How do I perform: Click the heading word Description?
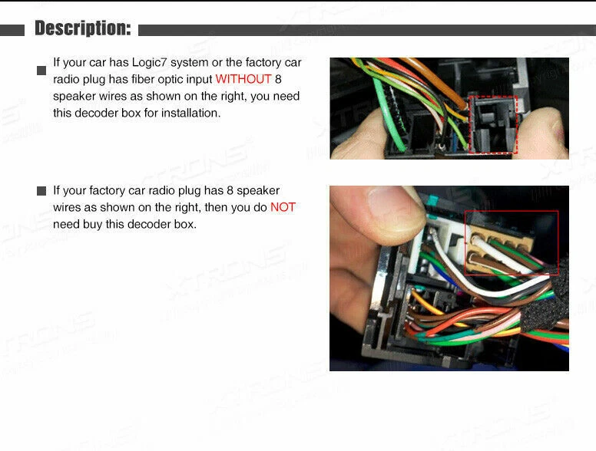pyautogui.click(x=83, y=29)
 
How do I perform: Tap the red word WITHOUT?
pyautogui.click(x=243, y=79)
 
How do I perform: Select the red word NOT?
pyautogui.click(x=282, y=207)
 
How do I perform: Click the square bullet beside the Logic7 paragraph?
pyautogui.click(x=41, y=71)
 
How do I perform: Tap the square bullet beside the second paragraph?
pyautogui.click(x=41, y=191)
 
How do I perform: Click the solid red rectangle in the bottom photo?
pyautogui.click(x=512, y=242)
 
